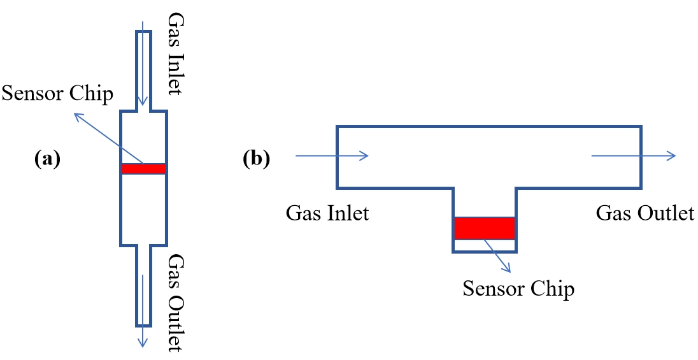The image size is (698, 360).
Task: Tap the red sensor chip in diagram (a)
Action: pos(143,169)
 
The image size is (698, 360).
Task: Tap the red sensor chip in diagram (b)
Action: pos(484,228)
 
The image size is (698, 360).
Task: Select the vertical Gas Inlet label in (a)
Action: pos(174,54)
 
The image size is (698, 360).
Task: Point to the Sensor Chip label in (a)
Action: pos(57,94)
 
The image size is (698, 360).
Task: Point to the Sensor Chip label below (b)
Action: pos(518,289)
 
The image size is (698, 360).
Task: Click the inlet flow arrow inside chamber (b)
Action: pos(332,156)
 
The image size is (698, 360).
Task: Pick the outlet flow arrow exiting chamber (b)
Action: pos(634,156)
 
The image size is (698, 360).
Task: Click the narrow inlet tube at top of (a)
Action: pos(143,64)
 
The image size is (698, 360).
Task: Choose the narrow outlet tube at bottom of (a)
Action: pos(143,287)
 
